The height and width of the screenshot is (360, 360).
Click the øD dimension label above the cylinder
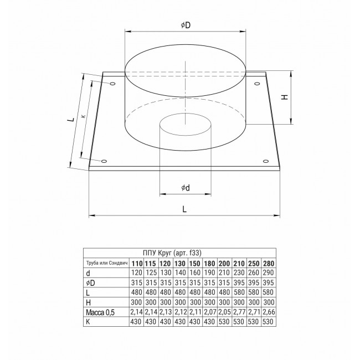(x=186, y=25)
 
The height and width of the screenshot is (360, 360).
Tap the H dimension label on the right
(x=285, y=97)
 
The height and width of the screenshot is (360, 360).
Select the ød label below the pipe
(x=186, y=188)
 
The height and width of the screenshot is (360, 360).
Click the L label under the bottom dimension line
(x=184, y=209)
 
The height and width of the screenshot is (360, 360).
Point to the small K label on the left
(x=84, y=116)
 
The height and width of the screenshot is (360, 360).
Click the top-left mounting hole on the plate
(x=112, y=83)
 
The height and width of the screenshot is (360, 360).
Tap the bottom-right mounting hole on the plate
(x=266, y=161)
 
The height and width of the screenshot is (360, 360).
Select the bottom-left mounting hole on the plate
(x=104, y=161)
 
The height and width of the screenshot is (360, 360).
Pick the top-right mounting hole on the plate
(x=257, y=83)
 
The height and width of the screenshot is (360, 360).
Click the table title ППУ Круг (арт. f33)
(x=172, y=253)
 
